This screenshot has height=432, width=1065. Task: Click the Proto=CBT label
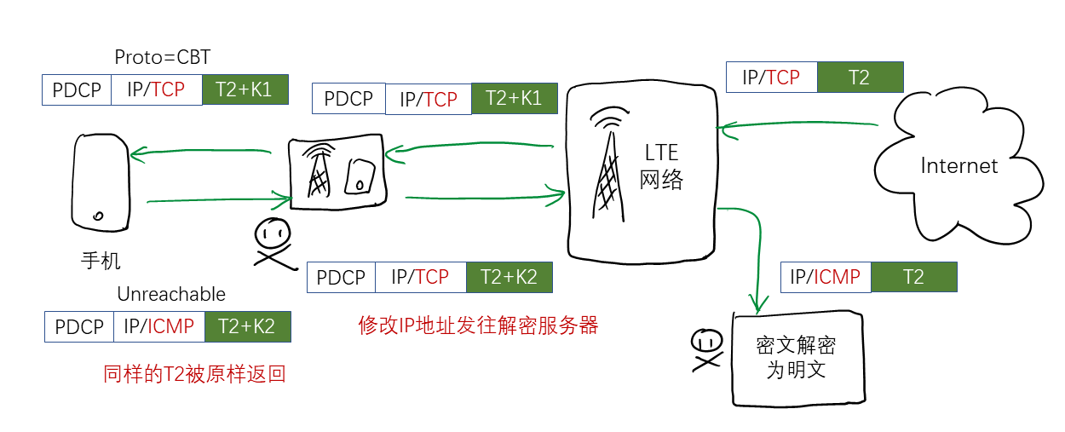point(162,57)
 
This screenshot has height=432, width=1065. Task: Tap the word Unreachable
point(171,294)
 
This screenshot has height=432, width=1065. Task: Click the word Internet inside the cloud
point(958,165)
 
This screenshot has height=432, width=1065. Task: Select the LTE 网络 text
point(661,167)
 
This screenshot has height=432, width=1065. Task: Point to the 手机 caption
point(101,260)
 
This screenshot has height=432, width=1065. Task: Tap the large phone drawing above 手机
point(100,182)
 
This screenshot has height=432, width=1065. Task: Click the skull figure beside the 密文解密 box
point(705,348)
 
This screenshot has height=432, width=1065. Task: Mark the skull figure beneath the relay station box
point(273,243)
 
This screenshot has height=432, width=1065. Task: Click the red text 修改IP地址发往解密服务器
point(478,325)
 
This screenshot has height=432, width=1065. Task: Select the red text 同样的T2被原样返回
point(194,374)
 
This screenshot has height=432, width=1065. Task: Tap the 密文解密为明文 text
point(796,358)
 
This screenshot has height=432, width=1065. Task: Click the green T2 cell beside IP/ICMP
point(912,277)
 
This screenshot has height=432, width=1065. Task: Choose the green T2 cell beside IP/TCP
point(859,78)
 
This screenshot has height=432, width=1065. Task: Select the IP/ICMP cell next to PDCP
point(158,326)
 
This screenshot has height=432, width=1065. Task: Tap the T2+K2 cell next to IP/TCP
point(509,277)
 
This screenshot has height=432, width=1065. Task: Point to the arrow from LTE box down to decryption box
point(755,256)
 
